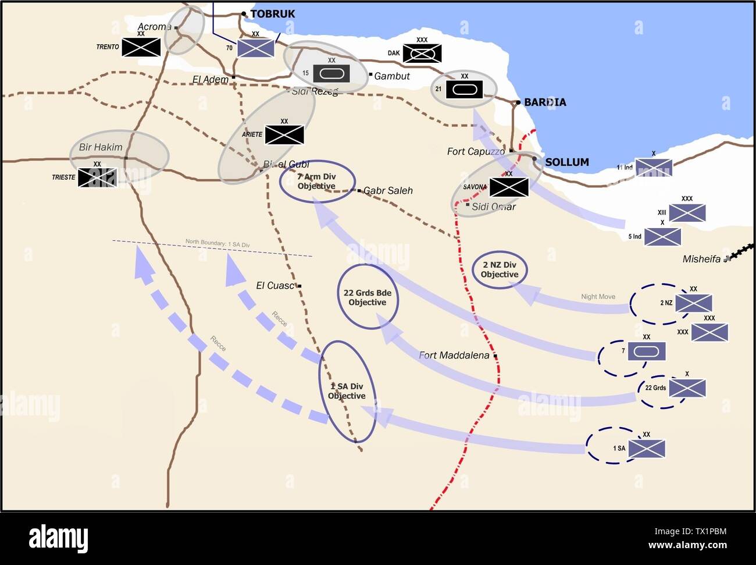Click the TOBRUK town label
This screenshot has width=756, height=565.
point(272,14)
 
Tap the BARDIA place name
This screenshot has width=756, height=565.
point(544,102)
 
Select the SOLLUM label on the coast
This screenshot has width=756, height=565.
point(566,162)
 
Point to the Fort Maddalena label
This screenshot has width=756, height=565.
point(454,356)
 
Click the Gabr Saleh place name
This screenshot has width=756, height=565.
point(388,191)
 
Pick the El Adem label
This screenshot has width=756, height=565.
point(211,79)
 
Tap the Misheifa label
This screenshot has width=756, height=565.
point(701,259)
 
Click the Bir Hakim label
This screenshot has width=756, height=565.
point(101,147)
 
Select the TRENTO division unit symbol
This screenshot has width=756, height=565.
point(141,47)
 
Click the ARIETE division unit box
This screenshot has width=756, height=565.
point(284,135)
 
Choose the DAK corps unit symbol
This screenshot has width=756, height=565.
point(422,54)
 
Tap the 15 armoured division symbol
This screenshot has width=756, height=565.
point(331,73)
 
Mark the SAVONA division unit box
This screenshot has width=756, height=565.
point(509,187)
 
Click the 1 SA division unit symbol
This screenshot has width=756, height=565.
point(646,449)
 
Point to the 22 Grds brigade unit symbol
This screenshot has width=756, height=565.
point(687,388)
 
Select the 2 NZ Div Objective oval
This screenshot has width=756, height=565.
point(499,270)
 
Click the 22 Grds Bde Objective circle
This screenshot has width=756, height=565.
point(368,297)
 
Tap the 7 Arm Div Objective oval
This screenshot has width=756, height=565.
point(317,182)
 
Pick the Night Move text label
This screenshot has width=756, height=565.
point(598,297)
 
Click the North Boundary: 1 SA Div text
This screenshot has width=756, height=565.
point(217,244)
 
